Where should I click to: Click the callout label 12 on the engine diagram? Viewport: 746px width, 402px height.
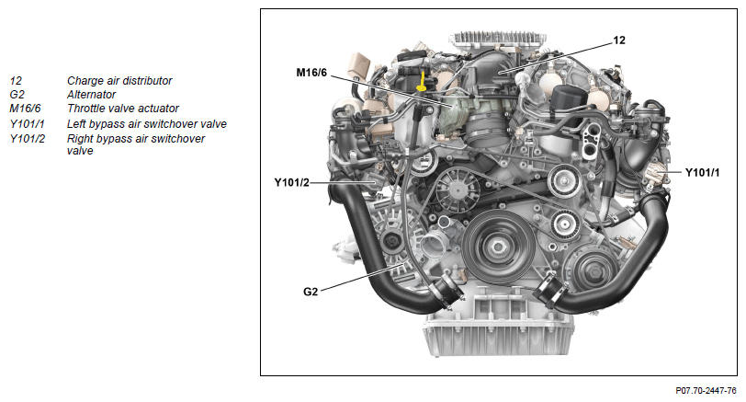tap(619, 40)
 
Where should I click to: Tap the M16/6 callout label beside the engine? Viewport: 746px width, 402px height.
tap(311, 73)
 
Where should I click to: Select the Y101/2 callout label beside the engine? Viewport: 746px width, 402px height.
tap(291, 182)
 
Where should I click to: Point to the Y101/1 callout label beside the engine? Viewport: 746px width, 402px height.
tap(702, 172)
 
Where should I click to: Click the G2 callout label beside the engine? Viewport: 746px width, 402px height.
tap(311, 292)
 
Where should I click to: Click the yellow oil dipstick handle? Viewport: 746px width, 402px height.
tap(421, 87)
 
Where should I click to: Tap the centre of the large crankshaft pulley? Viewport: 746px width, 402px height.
tap(498, 247)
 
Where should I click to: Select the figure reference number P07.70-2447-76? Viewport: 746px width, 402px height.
tap(706, 391)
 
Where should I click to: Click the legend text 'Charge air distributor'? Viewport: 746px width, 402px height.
tap(119, 81)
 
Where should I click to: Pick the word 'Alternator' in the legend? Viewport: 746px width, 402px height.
tap(91, 95)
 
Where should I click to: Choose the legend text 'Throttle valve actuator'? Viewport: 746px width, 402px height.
tap(123, 109)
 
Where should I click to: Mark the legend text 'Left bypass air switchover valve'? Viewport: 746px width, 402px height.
tap(147, 124)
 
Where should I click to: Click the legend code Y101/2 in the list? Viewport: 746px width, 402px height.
tap(28, 139)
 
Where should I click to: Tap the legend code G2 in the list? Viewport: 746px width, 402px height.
tap(17, 95)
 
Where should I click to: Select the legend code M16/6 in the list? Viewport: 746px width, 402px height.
tap(25, 109)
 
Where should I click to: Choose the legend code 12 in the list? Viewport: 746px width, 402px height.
tap(16, 81)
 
